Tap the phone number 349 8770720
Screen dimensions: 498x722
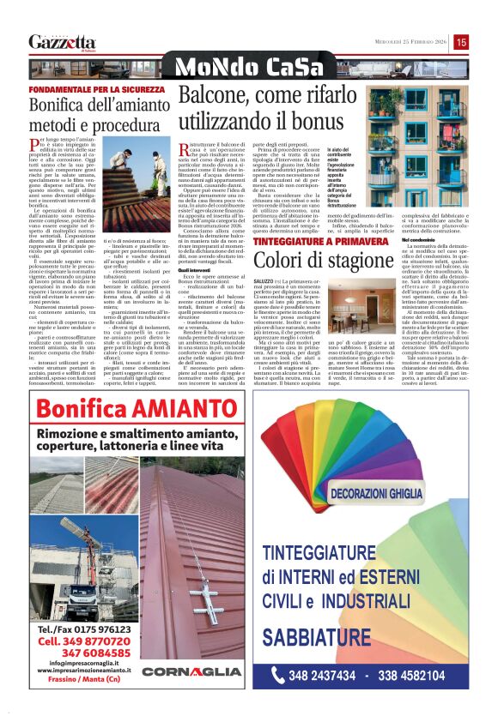click(82, 639)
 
